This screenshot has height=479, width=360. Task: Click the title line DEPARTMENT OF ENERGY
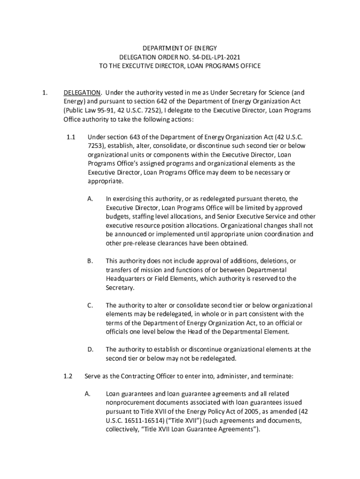(180, 48)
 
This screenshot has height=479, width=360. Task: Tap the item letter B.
(90, 261)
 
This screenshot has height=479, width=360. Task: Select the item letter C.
(90, 305)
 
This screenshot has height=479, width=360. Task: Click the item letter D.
(90, 349)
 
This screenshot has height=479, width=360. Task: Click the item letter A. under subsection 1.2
(87, 394)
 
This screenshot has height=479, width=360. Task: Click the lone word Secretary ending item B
(120, 288)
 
